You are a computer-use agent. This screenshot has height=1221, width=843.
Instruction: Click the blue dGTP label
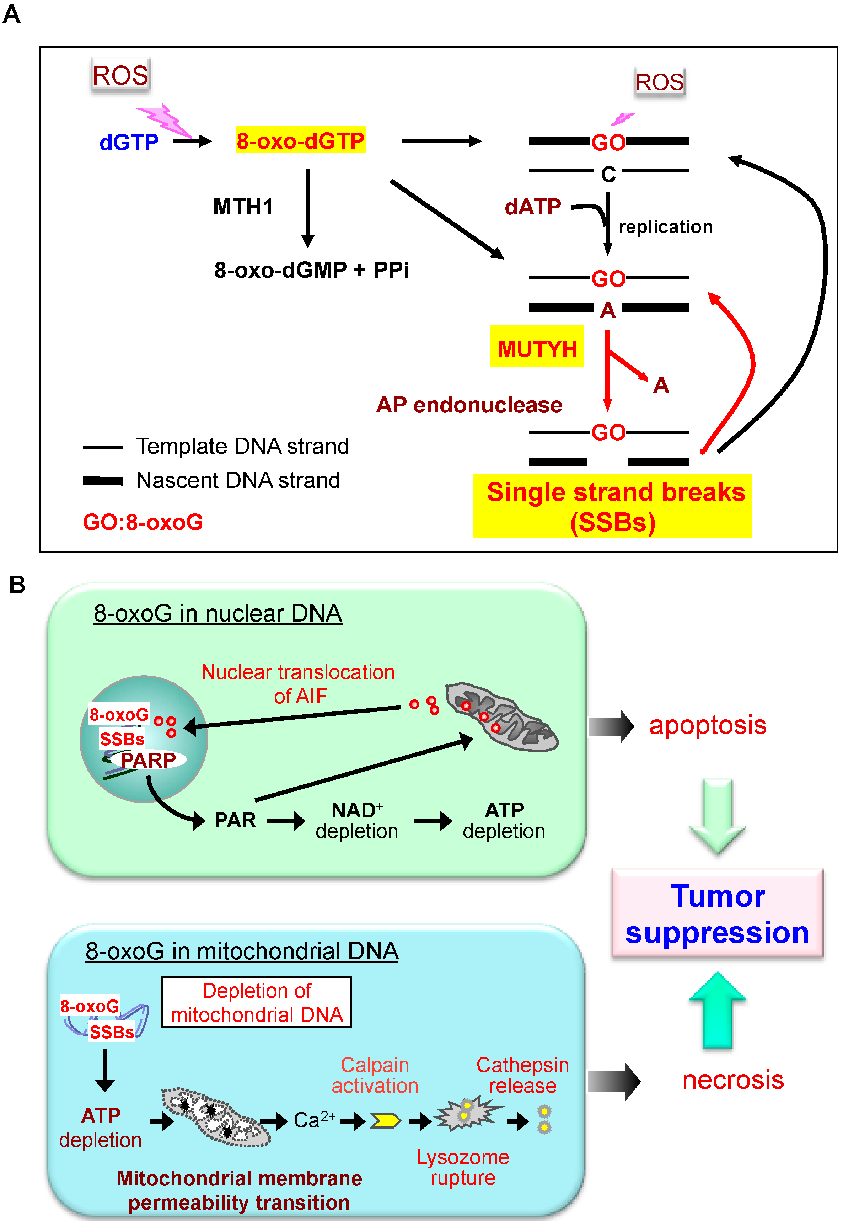pos(129,142)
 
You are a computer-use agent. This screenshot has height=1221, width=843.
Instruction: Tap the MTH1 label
pos(243,207)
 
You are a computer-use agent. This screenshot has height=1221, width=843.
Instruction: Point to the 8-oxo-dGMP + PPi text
pos(311,270)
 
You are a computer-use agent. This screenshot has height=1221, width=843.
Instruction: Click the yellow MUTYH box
pos(537,347)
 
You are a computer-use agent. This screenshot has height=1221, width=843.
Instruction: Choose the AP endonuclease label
pos(469,405)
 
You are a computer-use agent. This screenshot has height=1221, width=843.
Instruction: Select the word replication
pos(666,226)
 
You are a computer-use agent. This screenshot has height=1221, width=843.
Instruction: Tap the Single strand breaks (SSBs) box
pos(612,506)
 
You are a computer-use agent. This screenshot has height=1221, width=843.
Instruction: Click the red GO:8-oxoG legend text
pos(143,522)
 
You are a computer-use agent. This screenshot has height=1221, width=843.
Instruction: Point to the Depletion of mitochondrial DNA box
pos(256,1002)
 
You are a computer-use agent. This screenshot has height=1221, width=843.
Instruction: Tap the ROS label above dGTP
pos(120,75)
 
